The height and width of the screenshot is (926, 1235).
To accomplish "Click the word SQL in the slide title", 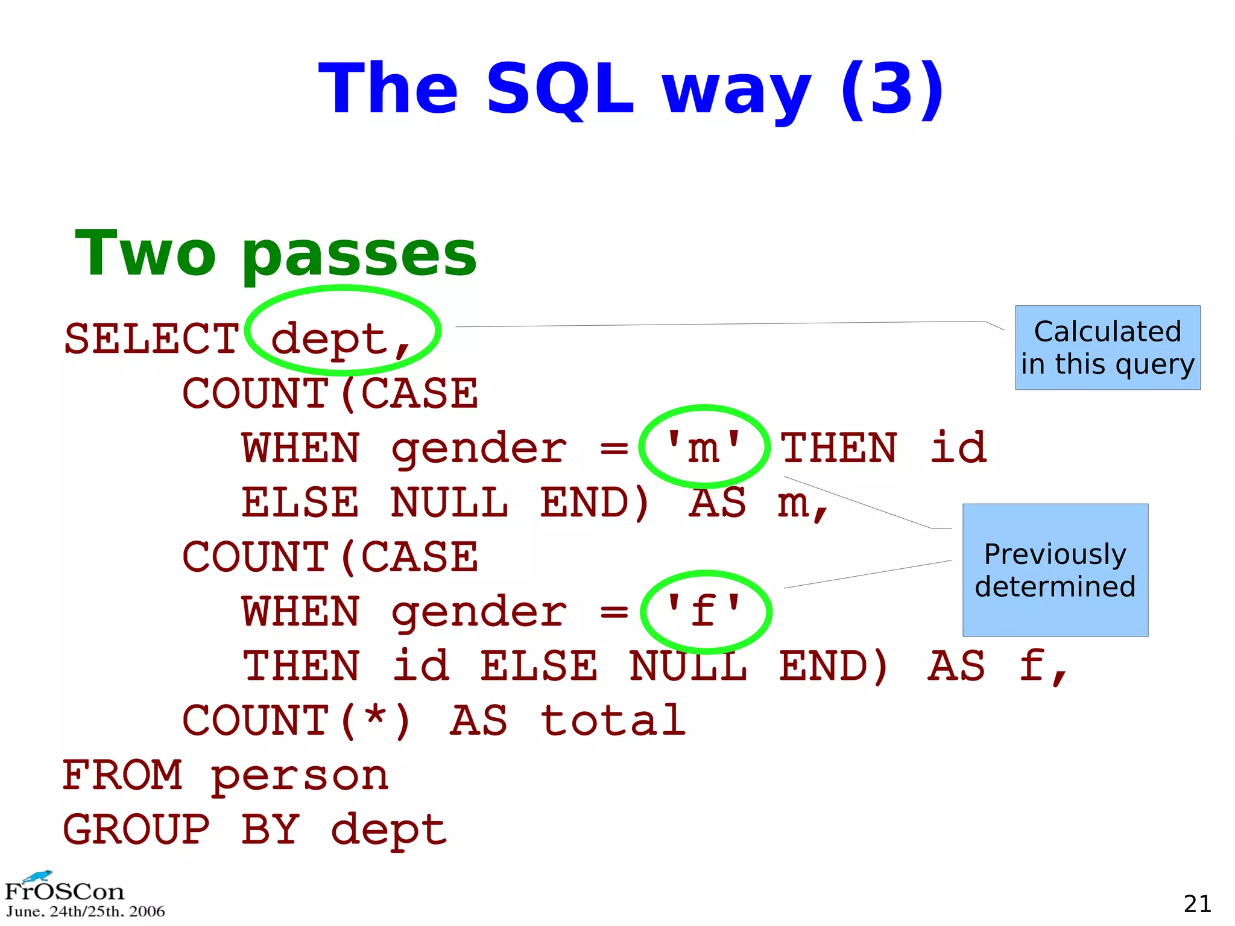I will pos(560,89).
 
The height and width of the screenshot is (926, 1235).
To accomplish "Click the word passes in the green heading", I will pos(359,255).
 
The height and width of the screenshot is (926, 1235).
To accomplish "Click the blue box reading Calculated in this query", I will pos(1107,347).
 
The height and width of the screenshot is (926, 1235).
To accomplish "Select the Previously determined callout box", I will pos(1055,570).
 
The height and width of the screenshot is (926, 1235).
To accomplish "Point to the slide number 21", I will pos(1197,904).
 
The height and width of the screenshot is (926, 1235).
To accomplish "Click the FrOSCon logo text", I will pos(65,891).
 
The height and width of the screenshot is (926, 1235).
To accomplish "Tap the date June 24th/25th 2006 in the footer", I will pos(85,912).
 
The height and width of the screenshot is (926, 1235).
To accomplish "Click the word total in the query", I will pos(613,721).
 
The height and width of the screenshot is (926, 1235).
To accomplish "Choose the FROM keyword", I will pos(122,775).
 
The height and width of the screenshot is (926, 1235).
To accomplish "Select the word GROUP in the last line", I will pos(137,830).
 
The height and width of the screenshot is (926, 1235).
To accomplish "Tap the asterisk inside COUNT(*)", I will pos(375,718).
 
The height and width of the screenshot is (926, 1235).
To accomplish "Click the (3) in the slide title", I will pos(892,89).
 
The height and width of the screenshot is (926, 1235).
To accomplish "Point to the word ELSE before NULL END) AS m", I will pos(300,503).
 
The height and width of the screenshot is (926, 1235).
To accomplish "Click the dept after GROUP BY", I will pos(389,830).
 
